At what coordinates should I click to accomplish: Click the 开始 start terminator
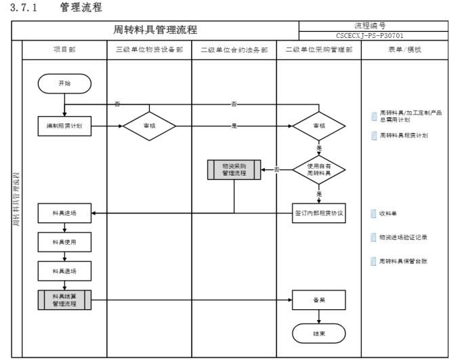64,83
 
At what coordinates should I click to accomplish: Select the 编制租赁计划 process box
64,126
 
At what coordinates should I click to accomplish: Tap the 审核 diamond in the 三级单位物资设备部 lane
149,126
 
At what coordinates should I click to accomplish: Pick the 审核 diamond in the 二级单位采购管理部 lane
318,126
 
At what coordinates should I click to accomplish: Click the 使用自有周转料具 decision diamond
318,169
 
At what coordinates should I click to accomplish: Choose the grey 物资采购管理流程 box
234,169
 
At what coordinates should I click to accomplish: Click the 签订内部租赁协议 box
318,213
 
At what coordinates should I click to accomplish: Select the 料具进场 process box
64,213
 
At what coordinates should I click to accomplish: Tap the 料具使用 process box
64,241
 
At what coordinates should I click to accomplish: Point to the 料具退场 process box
64,271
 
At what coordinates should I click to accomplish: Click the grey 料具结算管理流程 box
64,300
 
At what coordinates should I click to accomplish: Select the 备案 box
318,300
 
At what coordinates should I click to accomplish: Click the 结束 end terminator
318,334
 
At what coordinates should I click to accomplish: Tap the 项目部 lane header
64,49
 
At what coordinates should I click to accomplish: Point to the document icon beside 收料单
373,214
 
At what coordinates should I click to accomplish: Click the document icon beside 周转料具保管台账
373,261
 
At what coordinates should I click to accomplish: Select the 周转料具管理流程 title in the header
155,30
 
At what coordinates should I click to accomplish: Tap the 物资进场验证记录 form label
403,237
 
